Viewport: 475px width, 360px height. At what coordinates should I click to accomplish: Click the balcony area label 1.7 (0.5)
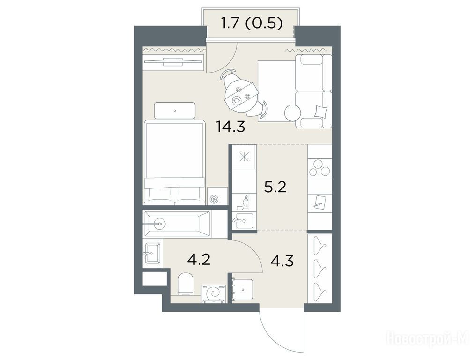tap(252, 23)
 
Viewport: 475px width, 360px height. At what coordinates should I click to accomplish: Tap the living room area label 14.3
tap(230, 127)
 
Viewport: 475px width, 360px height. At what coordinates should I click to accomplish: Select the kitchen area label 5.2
tap(275, 187)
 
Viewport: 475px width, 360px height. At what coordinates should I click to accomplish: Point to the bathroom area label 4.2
tap(199, 259)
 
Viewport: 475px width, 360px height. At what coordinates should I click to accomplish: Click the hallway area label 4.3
tap(282, 261)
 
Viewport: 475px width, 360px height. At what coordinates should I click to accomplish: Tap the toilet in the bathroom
tap(186, 284)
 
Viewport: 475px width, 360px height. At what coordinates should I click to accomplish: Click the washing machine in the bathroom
tap(214, 293)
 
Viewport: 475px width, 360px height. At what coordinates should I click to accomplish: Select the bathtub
tap(177, 224)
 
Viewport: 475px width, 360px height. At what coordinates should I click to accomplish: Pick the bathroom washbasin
tap(152, 253)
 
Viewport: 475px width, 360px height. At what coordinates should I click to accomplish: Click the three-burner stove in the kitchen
tap(319, 168)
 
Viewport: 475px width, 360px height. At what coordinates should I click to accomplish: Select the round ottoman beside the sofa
tap(293, 112)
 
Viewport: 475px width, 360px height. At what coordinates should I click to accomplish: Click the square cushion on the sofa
tap(321, 111)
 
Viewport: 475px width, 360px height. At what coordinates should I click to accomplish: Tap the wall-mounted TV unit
tap(173, 62)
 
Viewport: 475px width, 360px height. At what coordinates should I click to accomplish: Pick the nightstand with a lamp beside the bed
tap(217, 196)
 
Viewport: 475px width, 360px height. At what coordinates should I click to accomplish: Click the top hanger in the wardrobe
tap(320, 245)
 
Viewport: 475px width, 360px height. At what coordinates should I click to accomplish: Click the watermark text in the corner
tap(427, 338)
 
